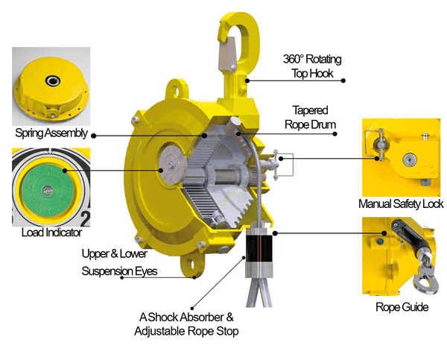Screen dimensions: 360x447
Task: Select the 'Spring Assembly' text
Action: (51, 133)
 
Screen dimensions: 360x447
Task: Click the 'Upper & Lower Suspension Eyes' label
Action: (119, 262)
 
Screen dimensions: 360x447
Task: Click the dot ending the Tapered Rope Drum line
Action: (335, 134)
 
